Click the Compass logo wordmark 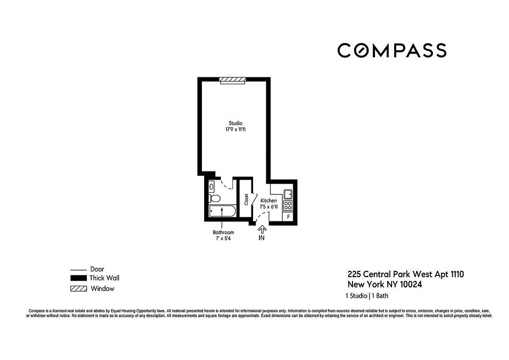tap(392, 50)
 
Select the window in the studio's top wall tap(233, 80)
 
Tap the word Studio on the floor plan tap(236, 123)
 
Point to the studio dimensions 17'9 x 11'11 tap(236, 130)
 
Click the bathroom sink tap(212, 186)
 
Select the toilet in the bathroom tap(214, 198)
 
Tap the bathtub tap(222, 212)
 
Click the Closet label tap(246, 199)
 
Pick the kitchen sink tap(288, 194)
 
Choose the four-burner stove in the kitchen tap(288, 205)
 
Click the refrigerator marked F tap(288, 217)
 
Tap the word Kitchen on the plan tap(269, 201)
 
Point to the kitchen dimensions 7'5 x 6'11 tap(269, 207)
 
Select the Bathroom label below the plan tap(223, 232)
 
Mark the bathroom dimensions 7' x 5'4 tap(223, 238)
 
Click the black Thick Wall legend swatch tap(78, 278)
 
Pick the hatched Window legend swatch tap(78, 288)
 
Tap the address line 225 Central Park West tap(405, 274)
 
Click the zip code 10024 tap(409, 284)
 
